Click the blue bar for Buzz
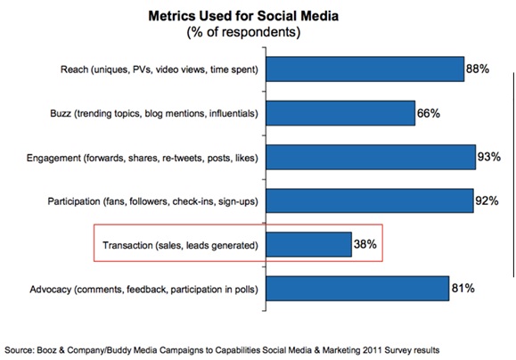tap(341, 113)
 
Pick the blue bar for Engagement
tap(371, 158)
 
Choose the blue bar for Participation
tap(370, 200)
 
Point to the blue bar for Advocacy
tap(357, 289)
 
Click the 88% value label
tap(479, 70)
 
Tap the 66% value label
tap(430, 113)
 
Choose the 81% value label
tap(463, 289)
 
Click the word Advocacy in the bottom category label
tap(46, 289)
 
